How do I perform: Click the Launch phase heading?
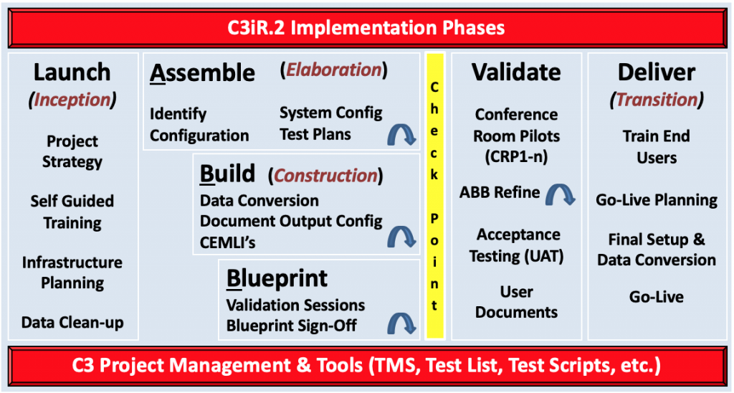click(72, 72)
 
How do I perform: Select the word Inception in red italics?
click(72, 100)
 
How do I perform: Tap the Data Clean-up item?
click(72, 322)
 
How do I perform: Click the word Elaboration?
click(334, 70)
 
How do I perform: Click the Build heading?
click(227, 174)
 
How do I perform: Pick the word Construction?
click(326, 176)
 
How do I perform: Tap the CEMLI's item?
click(227, 242)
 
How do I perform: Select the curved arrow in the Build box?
click(401, 237)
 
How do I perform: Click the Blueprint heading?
click(277, 278)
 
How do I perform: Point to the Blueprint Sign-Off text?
click(292, 326)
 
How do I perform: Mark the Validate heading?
click(516, 72)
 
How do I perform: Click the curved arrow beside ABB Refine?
click(561, 194)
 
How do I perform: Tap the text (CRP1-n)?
click(516, 156)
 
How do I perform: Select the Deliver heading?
click(657, 72)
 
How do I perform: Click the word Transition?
click(657, 99)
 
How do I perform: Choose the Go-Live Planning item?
click(657, 201)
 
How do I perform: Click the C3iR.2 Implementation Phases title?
click(366, 28)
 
